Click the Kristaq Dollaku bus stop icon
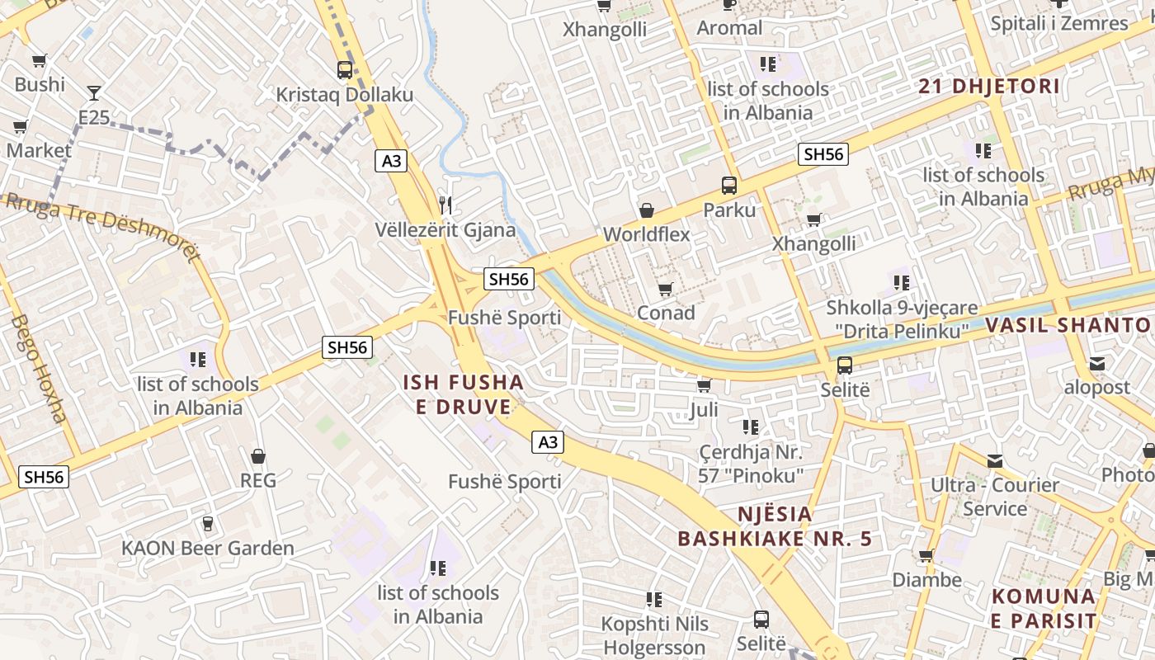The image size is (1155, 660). pyautogui.click(x=345, y=70)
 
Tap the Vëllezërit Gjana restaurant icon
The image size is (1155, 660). pyautogui.click(x=445, y=205)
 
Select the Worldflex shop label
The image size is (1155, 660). pyautogui.click(x=646, y=234)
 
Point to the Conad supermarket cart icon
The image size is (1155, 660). pyautogui.click(x=666, y=289)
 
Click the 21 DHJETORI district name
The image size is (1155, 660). pyautogui.click(x=988, y=86)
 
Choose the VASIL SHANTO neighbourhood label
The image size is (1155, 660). pyautogui.click(x=1069, y=325)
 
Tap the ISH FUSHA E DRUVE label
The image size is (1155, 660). pyautogui.click(x=463, y=394)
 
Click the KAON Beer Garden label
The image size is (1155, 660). pyautogui.click(x=208, y=549)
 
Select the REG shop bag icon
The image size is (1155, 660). pyautogui.click(x=258, y=455)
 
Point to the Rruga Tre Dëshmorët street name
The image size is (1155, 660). pyautogui.click(x=103, y=227)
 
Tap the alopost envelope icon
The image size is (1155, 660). pyautogui.click(x=1097, y=363)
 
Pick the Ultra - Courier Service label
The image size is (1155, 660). pyautogui.click(x=994, y=497)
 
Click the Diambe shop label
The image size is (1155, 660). pyautogui.click(x=926, y=580)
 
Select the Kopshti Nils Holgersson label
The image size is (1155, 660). pyautogui.click(x=654, y=635)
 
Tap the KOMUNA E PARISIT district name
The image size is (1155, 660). pyautogui.click(x=1044, y=608)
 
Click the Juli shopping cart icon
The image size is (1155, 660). pyautogui.click(x=704, y=385)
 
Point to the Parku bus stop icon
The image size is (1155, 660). pyautogui.click(x=729, y=185)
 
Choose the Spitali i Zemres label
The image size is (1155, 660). pyautogui.click(x=1059, y=23)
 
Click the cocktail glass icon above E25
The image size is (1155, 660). pyautogui.click(x=94, y=92)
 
